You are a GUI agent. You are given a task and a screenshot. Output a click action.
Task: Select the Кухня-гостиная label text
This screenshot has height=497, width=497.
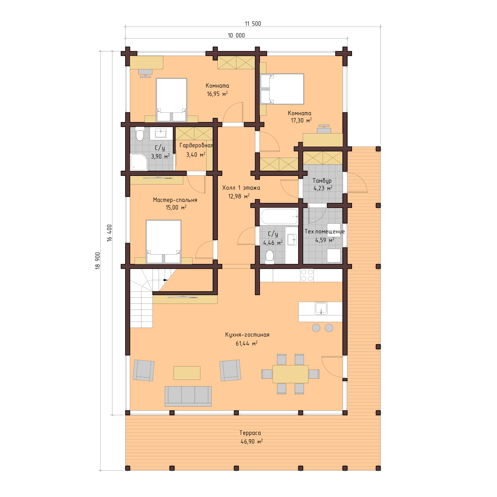247,335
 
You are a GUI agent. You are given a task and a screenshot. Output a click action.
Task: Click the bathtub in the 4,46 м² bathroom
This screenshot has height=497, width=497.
279,216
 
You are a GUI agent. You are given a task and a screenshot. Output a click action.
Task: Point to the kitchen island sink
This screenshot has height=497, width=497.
321,308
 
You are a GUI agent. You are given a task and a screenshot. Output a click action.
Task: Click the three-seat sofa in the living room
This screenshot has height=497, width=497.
188,396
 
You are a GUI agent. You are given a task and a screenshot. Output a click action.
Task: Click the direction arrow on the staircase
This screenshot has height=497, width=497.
165,280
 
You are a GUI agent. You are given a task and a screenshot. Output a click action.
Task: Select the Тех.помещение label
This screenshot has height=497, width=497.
325,231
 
